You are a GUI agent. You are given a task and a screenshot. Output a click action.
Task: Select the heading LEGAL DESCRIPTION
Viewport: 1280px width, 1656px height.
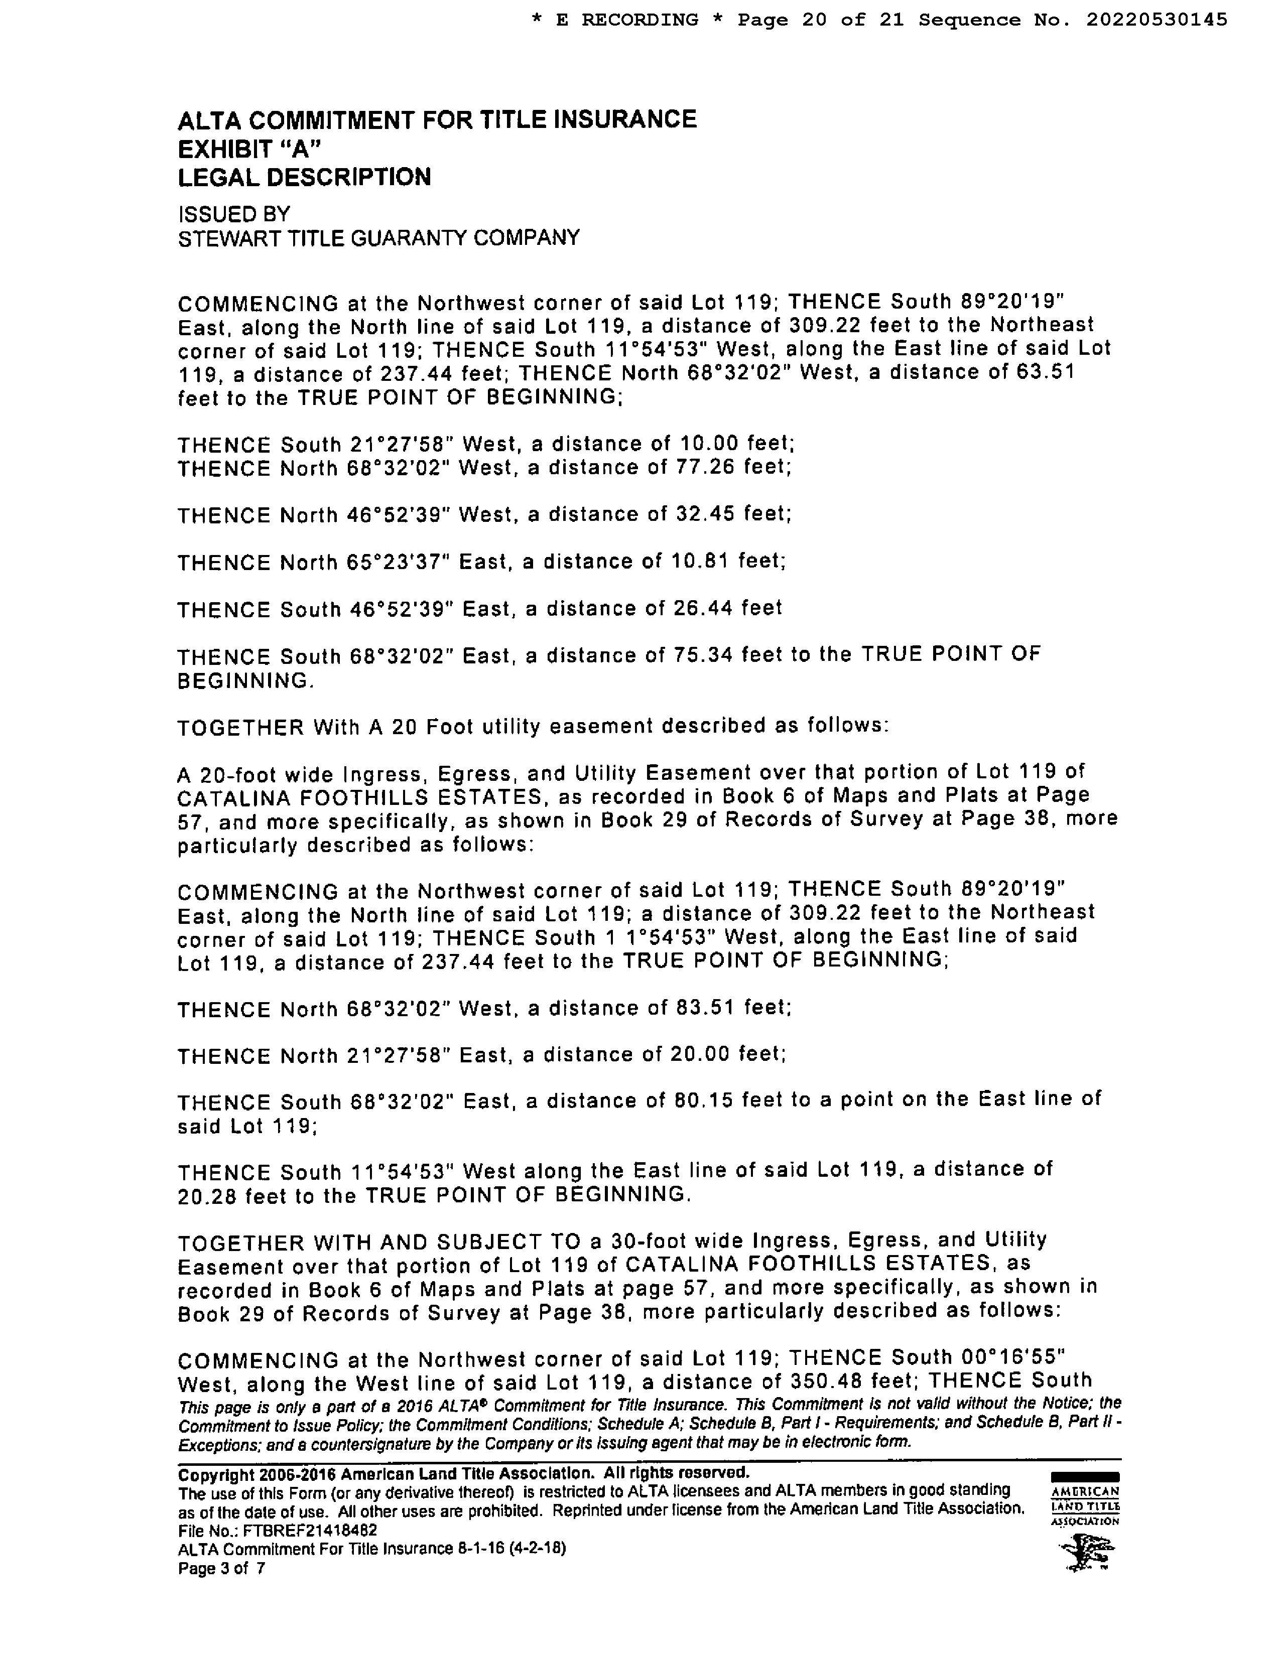pyautogui.click(x=304, y=178)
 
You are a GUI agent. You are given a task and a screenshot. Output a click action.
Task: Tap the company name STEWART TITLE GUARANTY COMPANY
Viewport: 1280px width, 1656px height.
pyautogui.click(x=378, y=238)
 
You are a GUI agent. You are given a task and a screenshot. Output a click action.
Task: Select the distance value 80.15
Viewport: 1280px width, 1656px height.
pyautogui.click(x=704, y=1099)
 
